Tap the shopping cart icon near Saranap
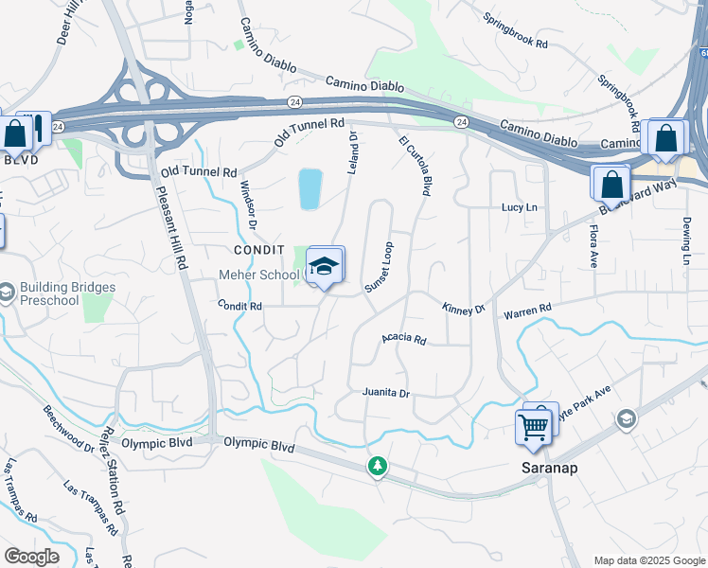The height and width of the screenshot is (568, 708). click(533, 427)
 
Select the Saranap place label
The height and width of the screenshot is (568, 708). click(550, 469)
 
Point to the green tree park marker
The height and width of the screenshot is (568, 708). click(378, 467)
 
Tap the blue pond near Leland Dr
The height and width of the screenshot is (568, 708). click(310, 189)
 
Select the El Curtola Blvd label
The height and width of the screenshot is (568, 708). click(415, 166)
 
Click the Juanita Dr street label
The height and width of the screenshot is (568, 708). click(385, 392)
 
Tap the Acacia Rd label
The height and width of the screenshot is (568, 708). click(404, 339)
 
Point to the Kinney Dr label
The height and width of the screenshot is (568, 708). click(463, 309)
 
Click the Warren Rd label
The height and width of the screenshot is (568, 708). click(527, 310)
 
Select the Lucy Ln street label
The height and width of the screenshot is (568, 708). click(519, 207)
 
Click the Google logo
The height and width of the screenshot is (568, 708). click(31, 557)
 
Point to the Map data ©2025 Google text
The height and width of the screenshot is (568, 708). click(649, 559)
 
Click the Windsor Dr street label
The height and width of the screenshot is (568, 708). click(248, 204)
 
